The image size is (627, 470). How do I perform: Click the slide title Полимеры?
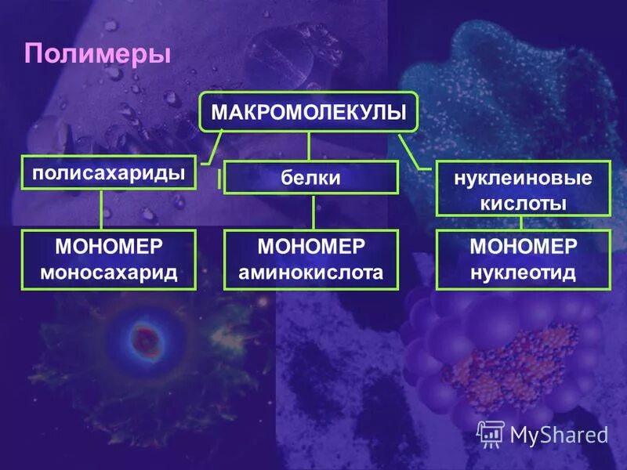(x=97, y=54)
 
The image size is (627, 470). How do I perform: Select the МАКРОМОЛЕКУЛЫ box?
(x=309, y=112)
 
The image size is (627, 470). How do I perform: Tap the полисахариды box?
(x=109, y=172)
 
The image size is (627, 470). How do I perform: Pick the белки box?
(x=311, y=178)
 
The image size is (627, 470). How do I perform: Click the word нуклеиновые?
(x=523, y=178)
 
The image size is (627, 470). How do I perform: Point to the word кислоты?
(x=523, y=203)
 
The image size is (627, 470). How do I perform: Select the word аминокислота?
(x=311, y=273)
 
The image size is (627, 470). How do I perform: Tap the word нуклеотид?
(x=523, y=273)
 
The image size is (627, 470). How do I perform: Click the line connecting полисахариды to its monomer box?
(x=102, y=210)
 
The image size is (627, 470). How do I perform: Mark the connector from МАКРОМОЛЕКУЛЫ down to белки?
(x=309, y=146)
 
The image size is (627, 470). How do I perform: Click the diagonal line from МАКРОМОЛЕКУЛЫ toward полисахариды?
(x=215, y=146)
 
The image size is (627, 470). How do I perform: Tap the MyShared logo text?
(x=559, y=433)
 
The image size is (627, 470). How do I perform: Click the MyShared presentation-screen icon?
(x=491, y=432)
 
